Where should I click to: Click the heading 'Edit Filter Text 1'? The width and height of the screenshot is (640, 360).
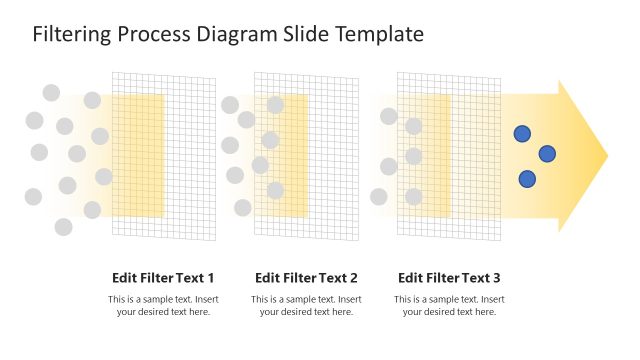coord(163,278)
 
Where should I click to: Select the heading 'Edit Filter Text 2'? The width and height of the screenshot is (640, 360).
coord(306,278)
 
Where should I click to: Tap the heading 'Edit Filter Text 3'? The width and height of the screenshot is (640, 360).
coord(449,278)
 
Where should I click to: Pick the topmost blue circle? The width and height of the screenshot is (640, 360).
coord(522,133)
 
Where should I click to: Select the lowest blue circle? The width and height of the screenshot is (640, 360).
coord(527,179)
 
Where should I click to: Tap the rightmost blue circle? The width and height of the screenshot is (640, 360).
coord(547,153)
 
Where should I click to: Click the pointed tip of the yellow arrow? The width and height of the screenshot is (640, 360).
coord(606,156)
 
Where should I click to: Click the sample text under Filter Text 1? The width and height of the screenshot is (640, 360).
coord(163,306)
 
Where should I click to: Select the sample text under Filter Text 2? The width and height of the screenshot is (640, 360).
coord(306,306)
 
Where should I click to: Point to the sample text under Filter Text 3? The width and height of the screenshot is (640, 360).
coord(449,306)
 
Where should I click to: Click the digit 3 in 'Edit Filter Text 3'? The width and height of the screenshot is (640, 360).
coord(496,278)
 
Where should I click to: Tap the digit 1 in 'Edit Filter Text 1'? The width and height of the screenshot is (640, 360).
coord(210,278)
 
